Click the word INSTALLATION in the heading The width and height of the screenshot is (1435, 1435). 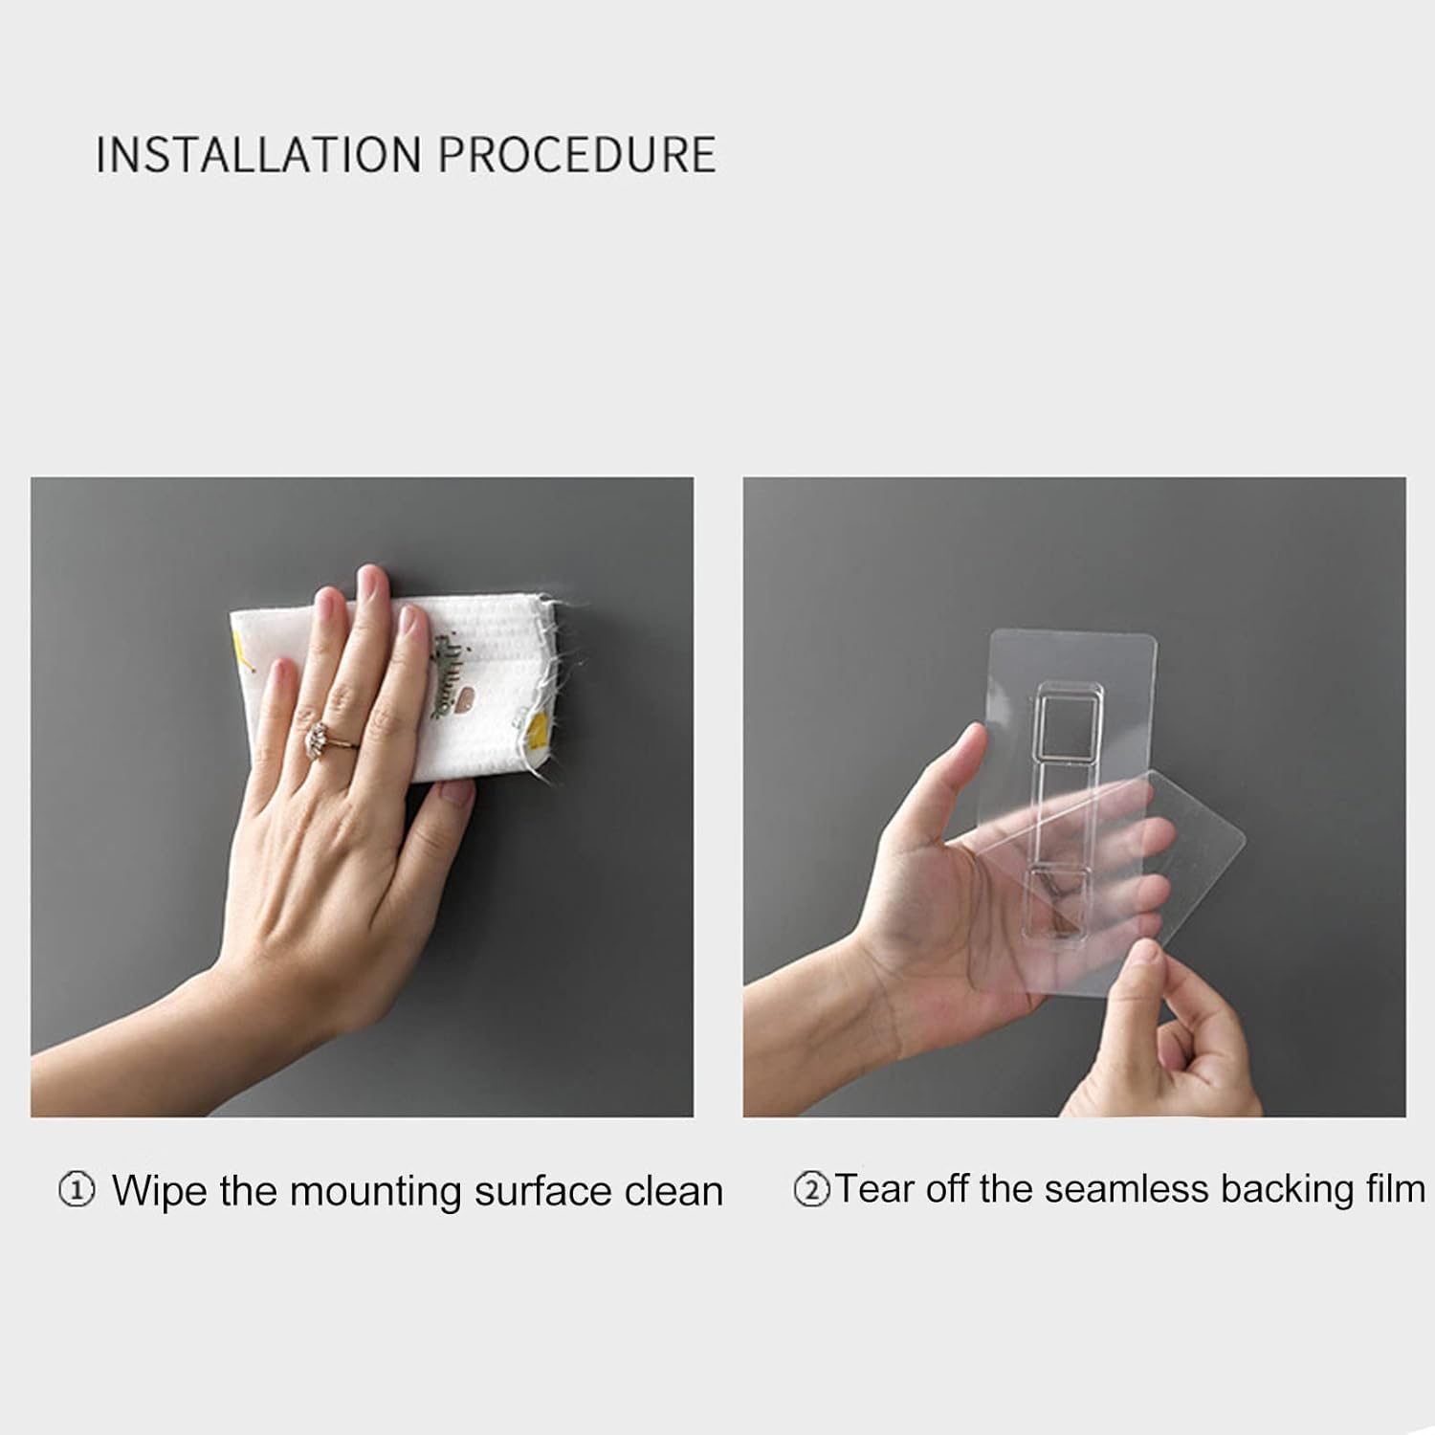point(258,155)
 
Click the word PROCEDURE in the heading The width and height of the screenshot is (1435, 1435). point(577,155)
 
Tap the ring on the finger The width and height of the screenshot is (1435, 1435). point(320,738)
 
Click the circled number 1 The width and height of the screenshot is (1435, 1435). point(77,1191)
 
